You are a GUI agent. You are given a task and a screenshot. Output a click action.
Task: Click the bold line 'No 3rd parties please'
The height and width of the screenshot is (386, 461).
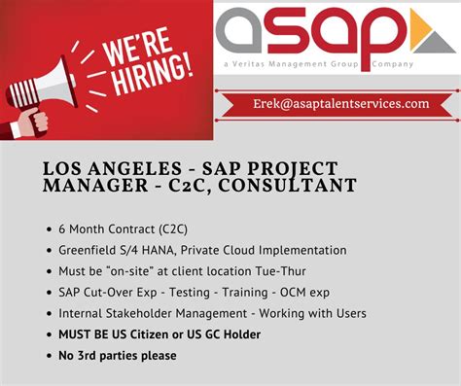coord(117,356)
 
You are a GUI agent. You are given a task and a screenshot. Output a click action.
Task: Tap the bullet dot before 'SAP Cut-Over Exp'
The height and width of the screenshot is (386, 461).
coord(49,292)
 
